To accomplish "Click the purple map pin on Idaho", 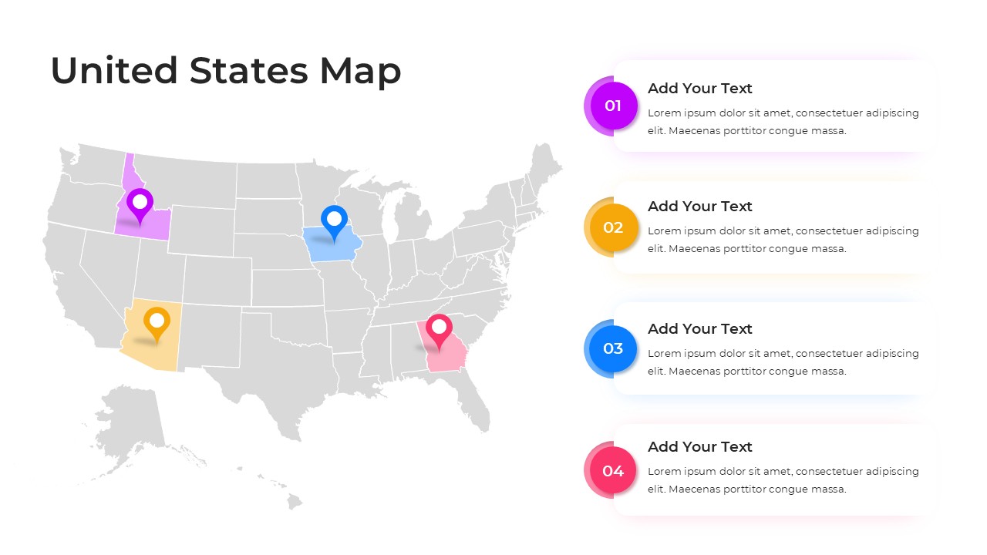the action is coord(140,203).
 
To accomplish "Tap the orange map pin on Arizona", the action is coord(157,321).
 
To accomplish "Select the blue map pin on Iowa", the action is coord(334,219).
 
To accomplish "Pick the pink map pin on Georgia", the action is coord(439,328).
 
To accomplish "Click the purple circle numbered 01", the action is coord(613,106).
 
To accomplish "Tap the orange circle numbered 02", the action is coord(613,227).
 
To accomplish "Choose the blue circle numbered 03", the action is coord(613,348).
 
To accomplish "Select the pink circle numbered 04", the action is coord(613,470).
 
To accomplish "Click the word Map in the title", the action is coord(360,71).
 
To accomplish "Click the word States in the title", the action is coord(249,71).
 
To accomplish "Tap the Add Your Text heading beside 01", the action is coord(699,89).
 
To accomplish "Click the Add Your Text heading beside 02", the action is coord(699,207).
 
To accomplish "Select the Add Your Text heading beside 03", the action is coord(699,329).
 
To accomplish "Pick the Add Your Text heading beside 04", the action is coord(699,447).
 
